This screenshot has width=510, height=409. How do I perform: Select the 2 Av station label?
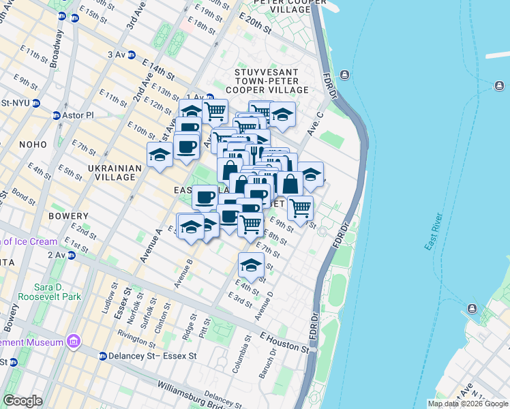60,255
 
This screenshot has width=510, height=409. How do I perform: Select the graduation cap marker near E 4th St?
251,266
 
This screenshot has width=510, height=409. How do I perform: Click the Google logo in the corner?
22,401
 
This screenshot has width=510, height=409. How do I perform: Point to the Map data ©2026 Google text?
467,404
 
